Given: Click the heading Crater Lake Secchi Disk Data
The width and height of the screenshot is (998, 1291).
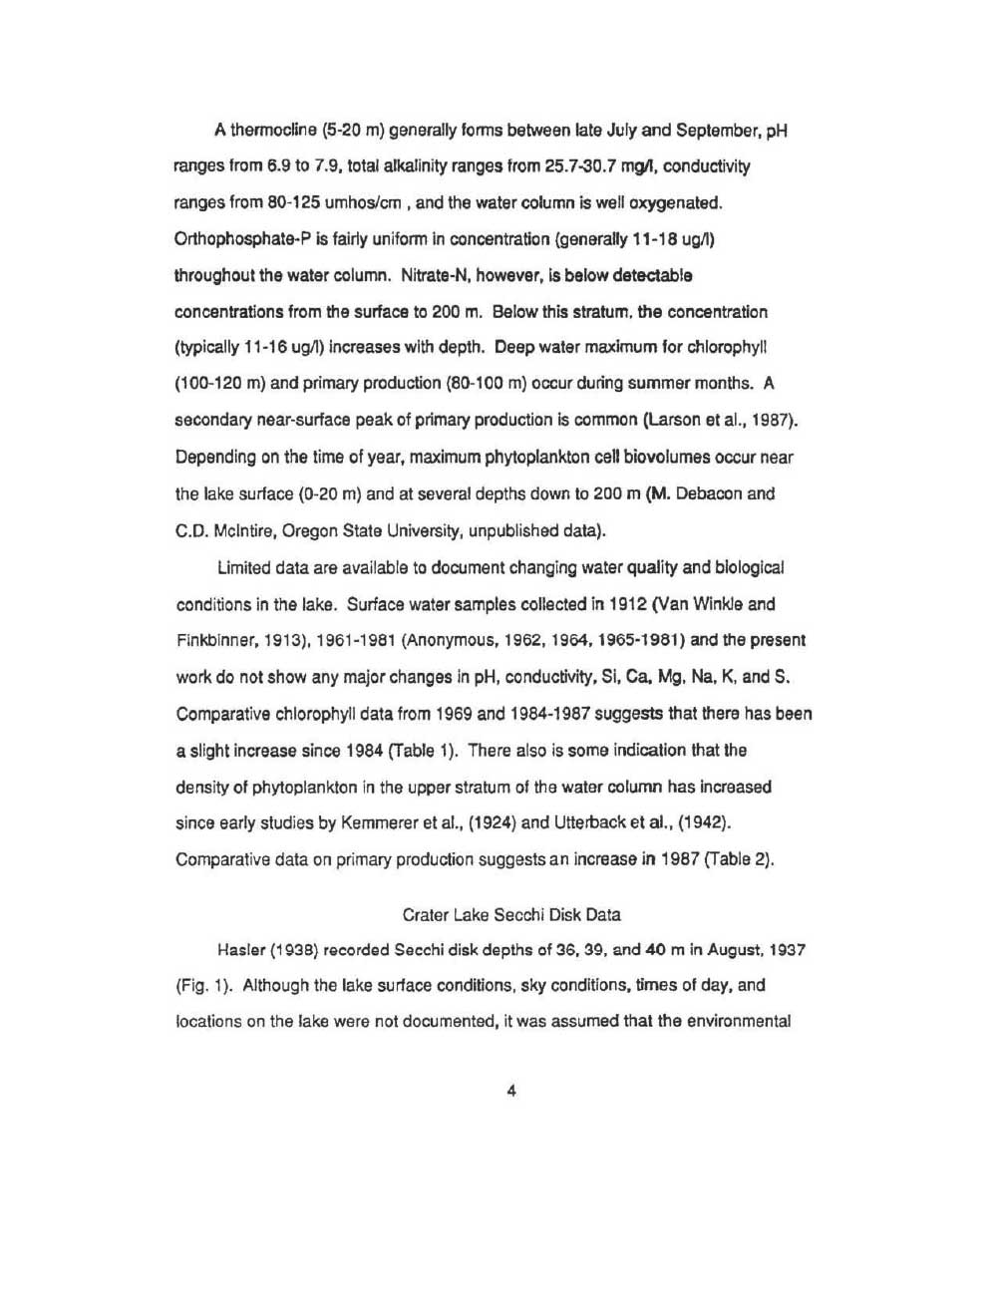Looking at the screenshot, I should pyautogui.click(x=510, y=913).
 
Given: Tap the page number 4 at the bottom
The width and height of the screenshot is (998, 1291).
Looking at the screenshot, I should pyautogui.click(x=510, y=1091).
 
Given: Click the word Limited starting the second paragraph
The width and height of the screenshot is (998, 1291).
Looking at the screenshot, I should pyautogui.click(x=243, y=567).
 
